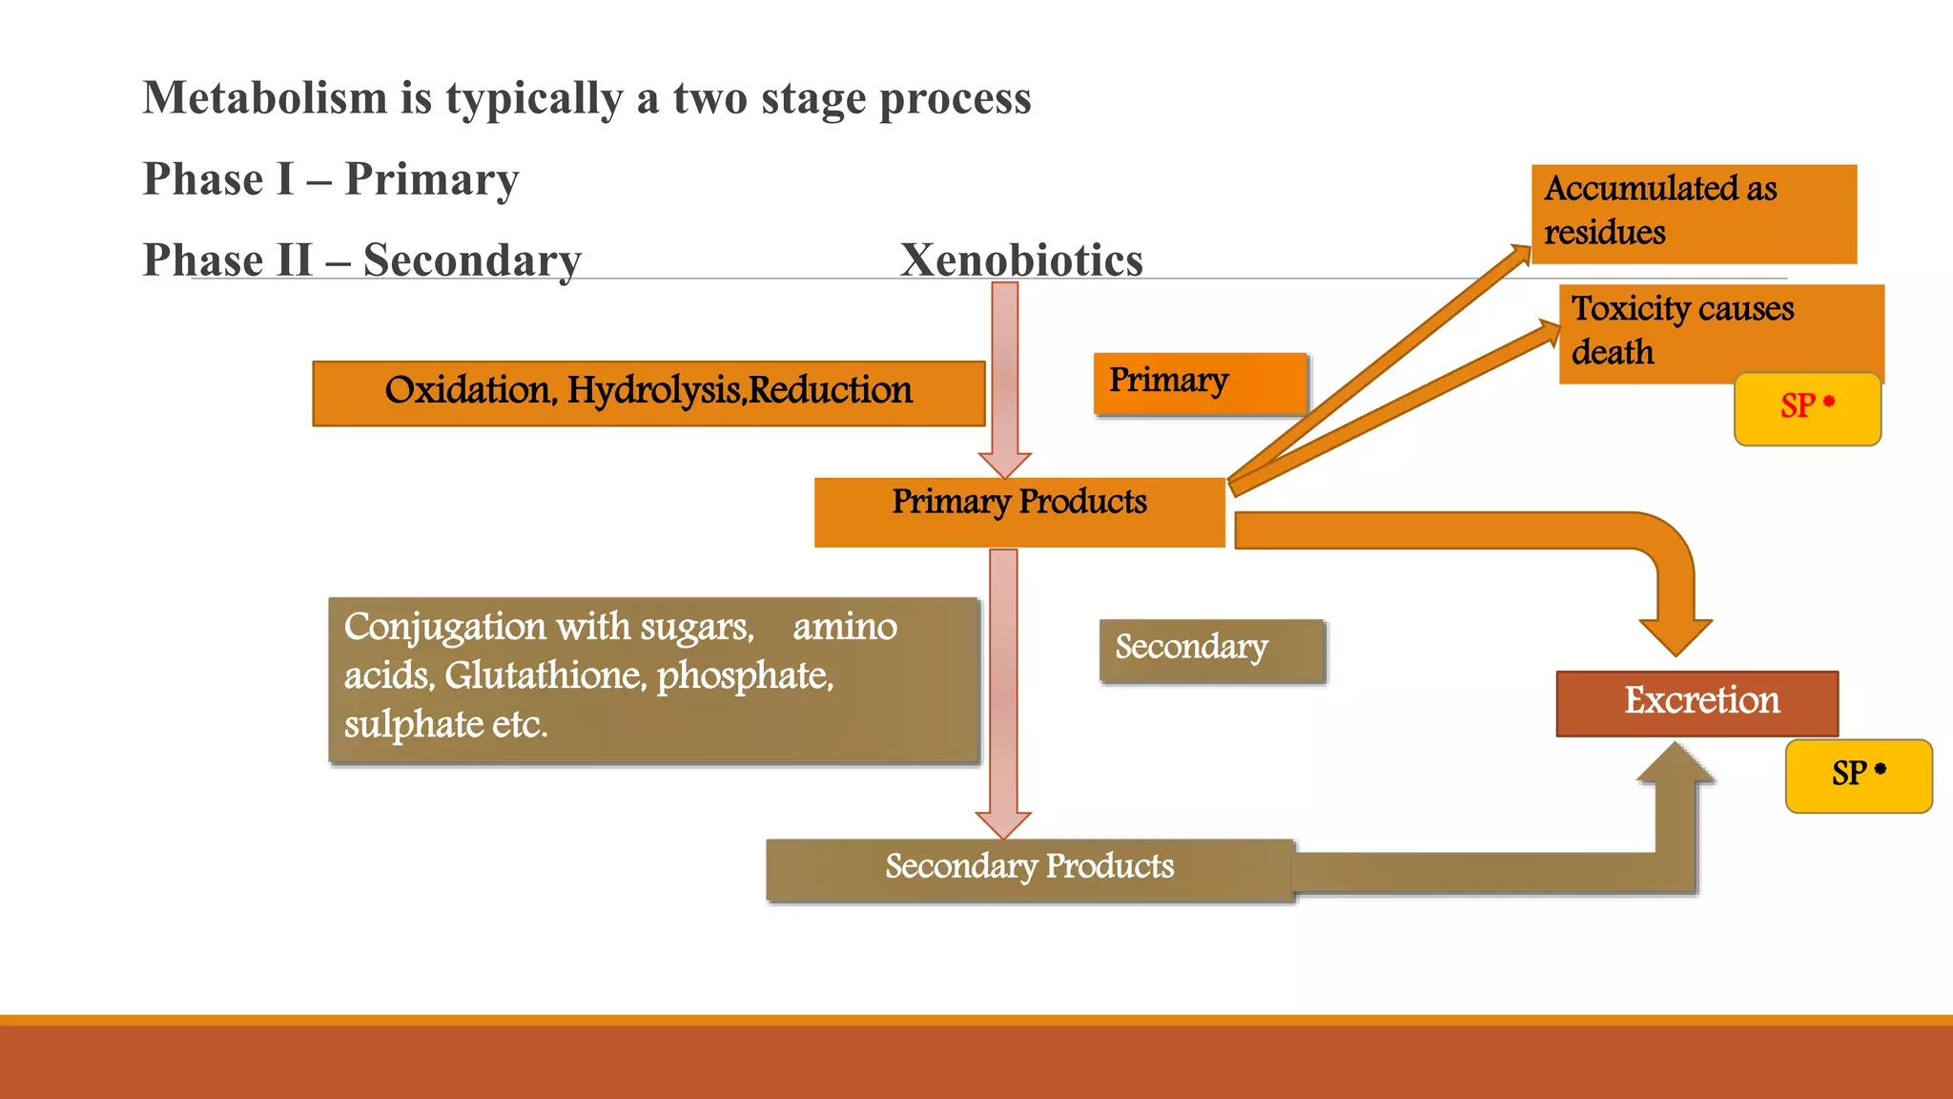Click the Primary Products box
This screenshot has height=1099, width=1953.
(x=1018, y=511)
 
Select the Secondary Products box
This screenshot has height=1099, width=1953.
(x=1029, y=868)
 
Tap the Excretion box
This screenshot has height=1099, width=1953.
(x=1696, y=702)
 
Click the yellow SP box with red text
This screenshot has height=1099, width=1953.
(x=1806, y=408)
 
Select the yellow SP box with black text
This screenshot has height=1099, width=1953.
(x=1858, y=775)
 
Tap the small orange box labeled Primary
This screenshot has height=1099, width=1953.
(x=1199, y=383)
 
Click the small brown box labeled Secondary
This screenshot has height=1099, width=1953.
(x=1211, y=650)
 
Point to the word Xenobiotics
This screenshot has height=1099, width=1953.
(x=1020, y=259)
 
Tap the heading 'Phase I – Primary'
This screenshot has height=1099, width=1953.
(x=331, y=179)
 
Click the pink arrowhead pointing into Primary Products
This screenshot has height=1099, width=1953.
(x=1004, y=465)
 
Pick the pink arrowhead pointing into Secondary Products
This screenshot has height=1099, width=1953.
(x=1003, y=824)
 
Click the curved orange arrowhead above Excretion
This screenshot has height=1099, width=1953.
(x=1675, y=635)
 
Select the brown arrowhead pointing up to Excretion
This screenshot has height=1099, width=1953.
(x=1675, y=763)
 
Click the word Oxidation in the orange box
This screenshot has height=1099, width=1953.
(x=467, y=391)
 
